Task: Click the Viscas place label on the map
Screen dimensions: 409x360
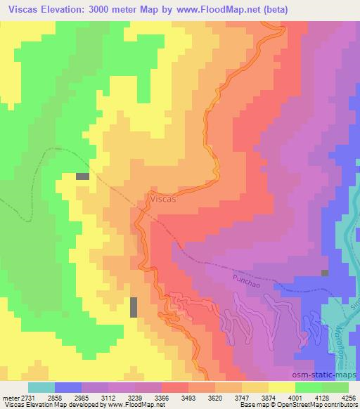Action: pyautogui.click(x=163, y=200)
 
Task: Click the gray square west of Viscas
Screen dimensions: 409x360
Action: pyautogui.click(x=82, y=176)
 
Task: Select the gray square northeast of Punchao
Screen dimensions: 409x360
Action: pyautogui.click(x=324, y=273)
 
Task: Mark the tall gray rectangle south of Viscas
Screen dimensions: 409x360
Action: pyautogui.click(x=134, y=306)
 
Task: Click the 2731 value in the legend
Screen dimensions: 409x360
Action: pyautogui.click(x=24, y=398)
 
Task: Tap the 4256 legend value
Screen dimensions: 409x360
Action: pyautogui.click(x=348, y=398)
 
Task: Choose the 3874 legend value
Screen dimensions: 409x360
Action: pyautogui.click(x=268, y=398)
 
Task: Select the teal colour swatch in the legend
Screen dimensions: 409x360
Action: pyautogui.click(x=41, y=387)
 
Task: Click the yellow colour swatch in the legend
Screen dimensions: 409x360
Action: pyautogui.click(x=281, y=387)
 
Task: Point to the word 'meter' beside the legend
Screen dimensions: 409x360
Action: pyautogui.click(x=8, y=398)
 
